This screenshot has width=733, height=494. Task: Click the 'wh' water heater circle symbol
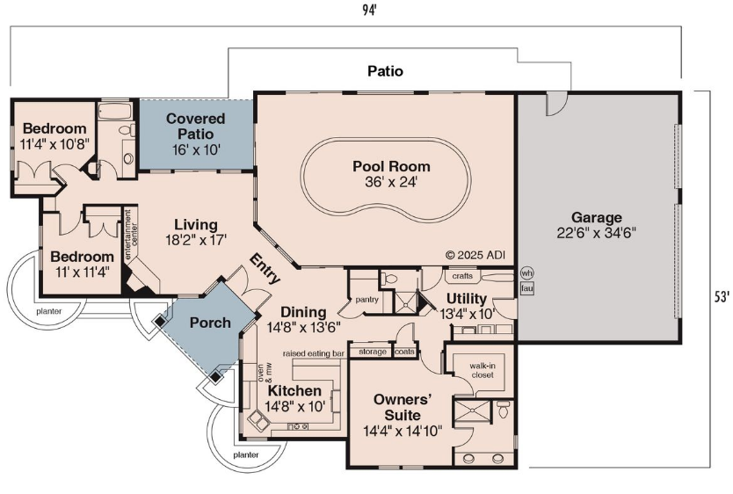[x=526, y=273]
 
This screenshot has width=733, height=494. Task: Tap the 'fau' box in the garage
[x=526, y=288]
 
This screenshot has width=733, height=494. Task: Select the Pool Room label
[x=391, y=166]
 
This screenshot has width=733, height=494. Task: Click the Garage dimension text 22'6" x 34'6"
[x=596, y=233]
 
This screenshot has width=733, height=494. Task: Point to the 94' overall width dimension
[x=369, y=11]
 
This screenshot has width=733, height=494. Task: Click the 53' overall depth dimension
[x=722, y=296]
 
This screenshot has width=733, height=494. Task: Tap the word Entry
[x=265, y=268]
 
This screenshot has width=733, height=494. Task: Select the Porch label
[x=210, y=323]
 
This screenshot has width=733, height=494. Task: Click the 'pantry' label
[x=366, y=299]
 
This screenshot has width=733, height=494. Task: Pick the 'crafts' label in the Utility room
[x=462, y=276]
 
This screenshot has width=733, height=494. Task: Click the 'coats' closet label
[x=404, y=351]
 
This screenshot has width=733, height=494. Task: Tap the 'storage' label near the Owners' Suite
[x=373, y=352]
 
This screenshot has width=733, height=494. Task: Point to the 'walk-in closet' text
[x=483, y=371]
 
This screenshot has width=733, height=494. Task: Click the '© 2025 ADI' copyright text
[x=475, y=255]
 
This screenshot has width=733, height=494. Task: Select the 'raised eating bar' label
[x=313, y=353]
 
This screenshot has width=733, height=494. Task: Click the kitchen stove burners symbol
[x=297, y=425]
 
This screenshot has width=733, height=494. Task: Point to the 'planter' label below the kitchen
[x=246, y=454]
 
